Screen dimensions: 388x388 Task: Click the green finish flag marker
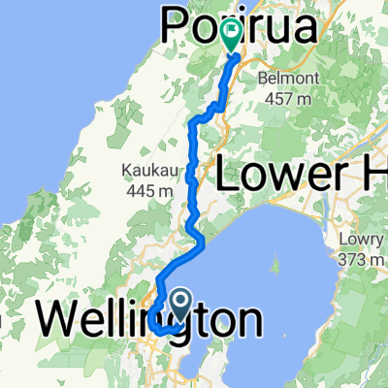[232, 36]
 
